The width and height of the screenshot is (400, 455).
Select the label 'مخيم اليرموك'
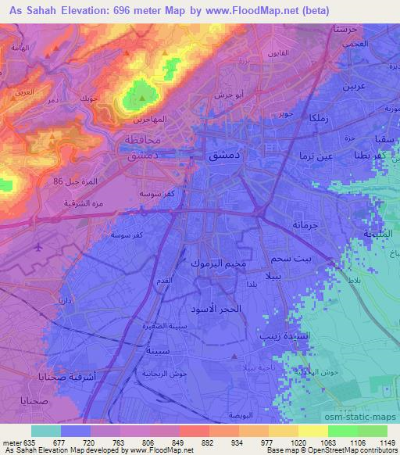218,263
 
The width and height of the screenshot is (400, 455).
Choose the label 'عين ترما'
316,156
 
